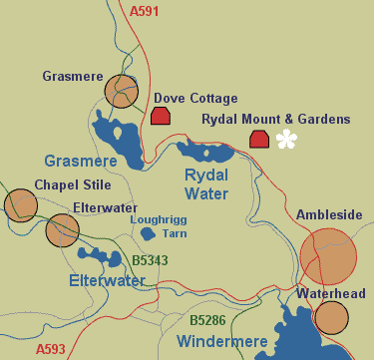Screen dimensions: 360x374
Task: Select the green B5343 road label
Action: (x=149, y=261)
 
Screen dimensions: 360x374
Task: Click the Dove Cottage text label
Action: (x=195, y=99)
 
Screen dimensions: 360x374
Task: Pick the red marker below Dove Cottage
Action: (x=160, y=117)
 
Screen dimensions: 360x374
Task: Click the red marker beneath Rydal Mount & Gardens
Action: (x=259, y=139)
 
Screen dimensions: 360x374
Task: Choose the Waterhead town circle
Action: (x=331, y=317)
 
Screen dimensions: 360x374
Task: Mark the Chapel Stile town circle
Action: (x=20, y=205)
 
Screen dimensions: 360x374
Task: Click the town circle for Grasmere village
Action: (x=121, y=92)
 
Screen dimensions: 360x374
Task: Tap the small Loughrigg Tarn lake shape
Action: (x=148, y=234)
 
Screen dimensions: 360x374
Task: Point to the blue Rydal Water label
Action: (x=207, y=182)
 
